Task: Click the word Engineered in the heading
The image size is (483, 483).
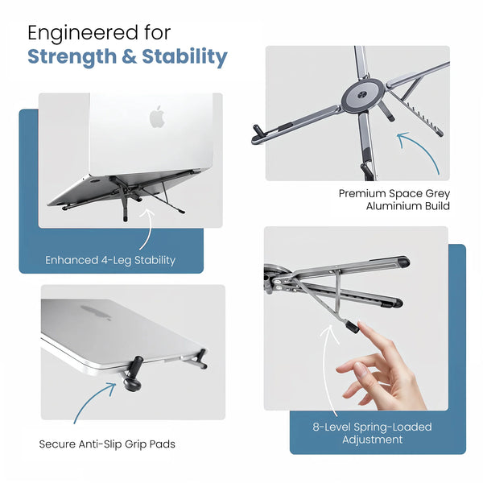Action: (x=82, y=34)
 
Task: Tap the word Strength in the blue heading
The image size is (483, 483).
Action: (x=72, y=57)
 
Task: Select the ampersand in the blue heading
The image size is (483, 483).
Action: (x=129, y=56)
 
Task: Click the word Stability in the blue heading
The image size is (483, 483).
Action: (x=184, y=57)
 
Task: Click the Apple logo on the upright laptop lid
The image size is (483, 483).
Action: (x=158, y=117)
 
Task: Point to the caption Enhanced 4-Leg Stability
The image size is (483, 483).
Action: (x=110, y=260)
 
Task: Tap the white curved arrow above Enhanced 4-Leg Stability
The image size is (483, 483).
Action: (x=147, y=229)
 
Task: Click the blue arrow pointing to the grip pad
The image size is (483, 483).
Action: (x=91, y=399)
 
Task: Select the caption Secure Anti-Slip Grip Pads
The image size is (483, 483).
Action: (x=107, y=444)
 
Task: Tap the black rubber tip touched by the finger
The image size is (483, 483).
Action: (x=352, y=326)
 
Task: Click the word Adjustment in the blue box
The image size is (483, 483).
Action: (x=373, y=440)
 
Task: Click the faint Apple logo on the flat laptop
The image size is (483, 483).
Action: (x=96, y=312)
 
